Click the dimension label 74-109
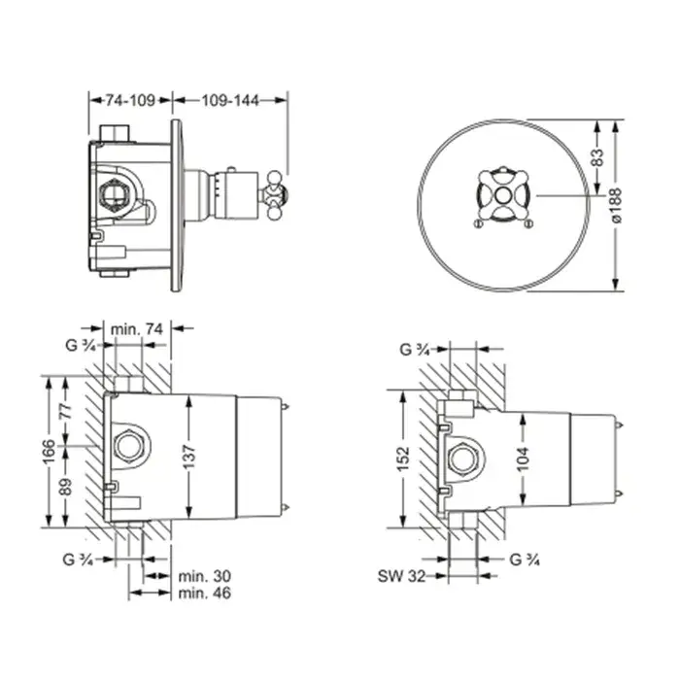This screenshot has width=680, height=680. pyautogui.click(x=130, y=100)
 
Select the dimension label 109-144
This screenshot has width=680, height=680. pyautogui.click(x=230, y=100)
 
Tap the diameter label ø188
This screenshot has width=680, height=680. pyautogui.click(x=615, y=206)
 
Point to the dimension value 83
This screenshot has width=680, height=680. pyautogui.click(x=597, y=157)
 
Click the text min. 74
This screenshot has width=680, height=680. pyautogui.click(x=137, y=329)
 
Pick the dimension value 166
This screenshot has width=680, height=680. pyautogui.click(x=49, y=451)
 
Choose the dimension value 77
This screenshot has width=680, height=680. pyautogui.click(x=66, y=411)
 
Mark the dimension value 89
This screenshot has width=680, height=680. pyautogui.click(x=66, y=487)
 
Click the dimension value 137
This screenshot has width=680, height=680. pyautogui.click(x=189, y=457)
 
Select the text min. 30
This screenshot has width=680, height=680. pyautogui.click(x=205, y=576)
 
